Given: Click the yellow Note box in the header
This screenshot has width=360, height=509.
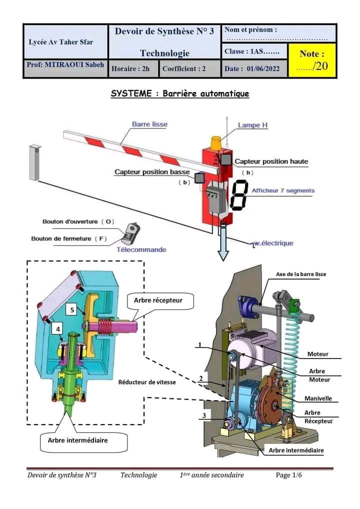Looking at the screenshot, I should (x=312, y=60).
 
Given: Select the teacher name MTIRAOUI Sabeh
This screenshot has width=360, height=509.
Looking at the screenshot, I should (x=65, y=65).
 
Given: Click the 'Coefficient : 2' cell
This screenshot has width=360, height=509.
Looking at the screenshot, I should (x=184, y=69).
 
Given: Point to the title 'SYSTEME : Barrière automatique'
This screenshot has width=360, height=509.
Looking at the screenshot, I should (x=179, y=93).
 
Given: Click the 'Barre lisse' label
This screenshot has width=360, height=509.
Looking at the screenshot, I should (x=149, y=124).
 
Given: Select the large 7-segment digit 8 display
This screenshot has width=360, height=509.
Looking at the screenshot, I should (x=238, y=194).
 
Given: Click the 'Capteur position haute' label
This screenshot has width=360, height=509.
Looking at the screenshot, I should (x=271, y=161).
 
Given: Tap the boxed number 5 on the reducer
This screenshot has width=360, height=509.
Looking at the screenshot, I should (x=72, y=310).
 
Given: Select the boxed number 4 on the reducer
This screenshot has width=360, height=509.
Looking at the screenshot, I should (x=58, y=329).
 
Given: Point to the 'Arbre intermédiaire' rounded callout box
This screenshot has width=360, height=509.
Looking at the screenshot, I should (x=77, y=440).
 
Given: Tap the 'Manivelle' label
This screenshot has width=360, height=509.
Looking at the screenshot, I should (x=318, y=398).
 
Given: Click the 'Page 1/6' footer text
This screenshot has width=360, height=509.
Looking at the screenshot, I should (x=289, y=475).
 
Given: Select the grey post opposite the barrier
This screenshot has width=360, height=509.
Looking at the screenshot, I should (x=34, y=162).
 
